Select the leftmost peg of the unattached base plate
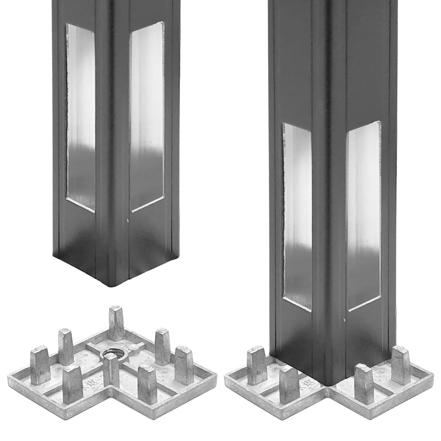pyautogui.click(x=40, y=365)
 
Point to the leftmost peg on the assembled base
pyautogui.click(x=257, y=365)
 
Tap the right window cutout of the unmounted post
pyautogui.click(x=147, y=116)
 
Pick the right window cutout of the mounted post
pyautogui.click(x=364, y=215)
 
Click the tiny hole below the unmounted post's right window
pyautogui.click(x=128, y=221)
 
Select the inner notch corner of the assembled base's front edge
pyautogui.click(x=329, y=390)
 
